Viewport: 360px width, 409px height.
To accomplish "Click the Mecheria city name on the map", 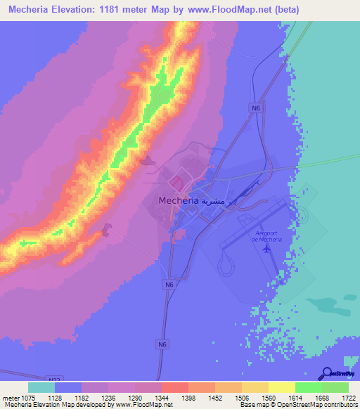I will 174,200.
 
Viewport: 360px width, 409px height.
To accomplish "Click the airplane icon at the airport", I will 266,248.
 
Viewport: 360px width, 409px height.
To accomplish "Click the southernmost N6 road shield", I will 162,344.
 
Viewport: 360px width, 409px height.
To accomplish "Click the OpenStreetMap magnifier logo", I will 326,373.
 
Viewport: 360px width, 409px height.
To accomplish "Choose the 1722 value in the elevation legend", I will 349,397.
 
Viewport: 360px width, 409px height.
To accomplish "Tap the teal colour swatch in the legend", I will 41,387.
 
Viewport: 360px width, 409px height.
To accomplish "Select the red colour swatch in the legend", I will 174,387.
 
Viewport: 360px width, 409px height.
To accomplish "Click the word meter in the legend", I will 8,397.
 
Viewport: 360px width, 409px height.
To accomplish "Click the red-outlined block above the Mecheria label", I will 178,184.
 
